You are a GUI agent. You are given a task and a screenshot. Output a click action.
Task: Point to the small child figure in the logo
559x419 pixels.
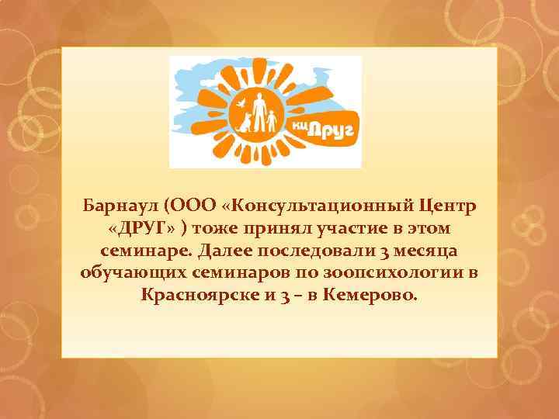[x=273, y=120]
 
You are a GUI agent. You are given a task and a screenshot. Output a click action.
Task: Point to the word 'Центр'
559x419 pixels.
[x=447, y=207]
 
